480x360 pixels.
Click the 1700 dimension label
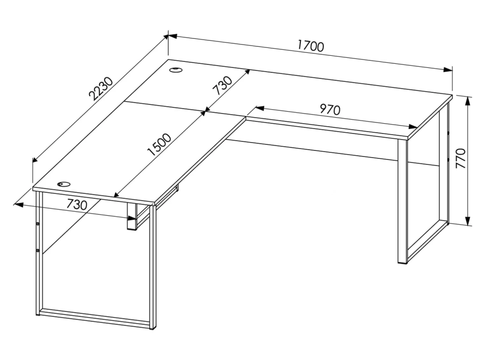[x=310, y=46]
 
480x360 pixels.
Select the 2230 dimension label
[x=101, y=89]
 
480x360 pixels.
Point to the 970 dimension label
[x=330, y=109]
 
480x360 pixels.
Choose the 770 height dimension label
[x=460, y=158]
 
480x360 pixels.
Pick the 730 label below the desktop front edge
[x=77, y=204]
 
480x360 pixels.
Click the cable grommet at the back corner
[x=176, y=70]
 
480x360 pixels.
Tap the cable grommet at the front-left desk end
[x=63, y=184]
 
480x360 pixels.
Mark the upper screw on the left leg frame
[x=37, y=224]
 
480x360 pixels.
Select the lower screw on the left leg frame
[x=37, y=251]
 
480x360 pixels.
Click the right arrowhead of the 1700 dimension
[x=448, y=70]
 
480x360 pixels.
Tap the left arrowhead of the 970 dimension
[x=260, y=108]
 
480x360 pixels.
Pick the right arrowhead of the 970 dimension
[x=413, y=127]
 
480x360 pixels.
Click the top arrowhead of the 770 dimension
[x=467, y=102]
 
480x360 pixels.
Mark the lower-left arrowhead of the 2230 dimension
[x=36, y=158]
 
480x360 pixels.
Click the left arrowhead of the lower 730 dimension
[x=19, y=204]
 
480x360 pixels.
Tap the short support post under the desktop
[x=132, y=216]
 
